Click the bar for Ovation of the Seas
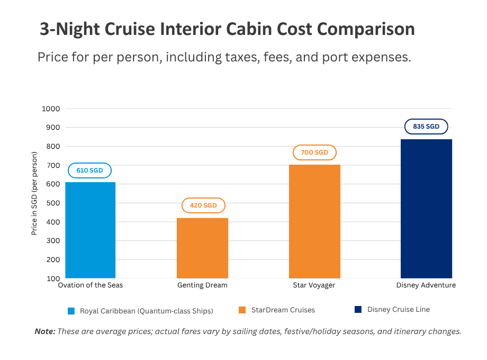point(90,230)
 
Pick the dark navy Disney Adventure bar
point(426,209)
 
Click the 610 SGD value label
point(89,170)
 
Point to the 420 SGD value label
point(203,205)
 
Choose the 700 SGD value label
point(314,152)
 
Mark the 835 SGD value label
point(426,127)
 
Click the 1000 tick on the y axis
point(51,109)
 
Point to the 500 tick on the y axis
point(52,203)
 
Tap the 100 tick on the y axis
point(52,278)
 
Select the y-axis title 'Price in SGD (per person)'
point(35,193)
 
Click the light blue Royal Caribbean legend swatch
point(71,311)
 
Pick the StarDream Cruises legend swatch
point(242,310)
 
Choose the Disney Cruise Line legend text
point(399,310)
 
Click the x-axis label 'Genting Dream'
point(202,285)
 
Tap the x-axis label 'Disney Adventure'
point(426,285)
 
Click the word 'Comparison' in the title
point(366,29)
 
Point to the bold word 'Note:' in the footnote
point(45,331)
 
